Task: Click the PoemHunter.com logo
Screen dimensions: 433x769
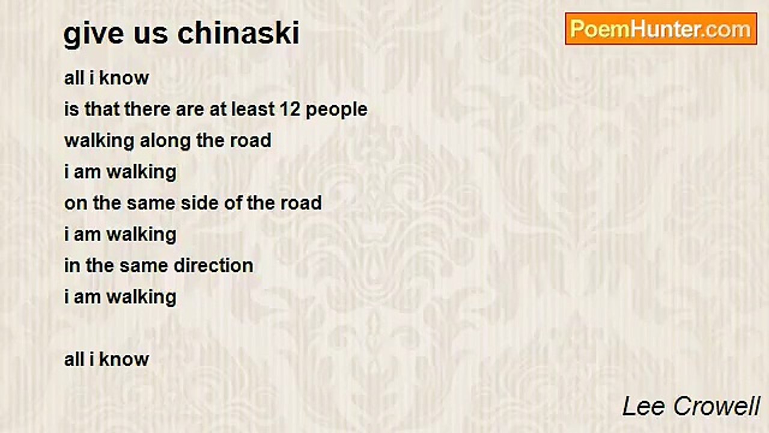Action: (x=661, y=29)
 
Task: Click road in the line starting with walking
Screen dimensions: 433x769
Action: (x=251, y=141)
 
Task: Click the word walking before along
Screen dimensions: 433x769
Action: (x=99, y=141)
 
